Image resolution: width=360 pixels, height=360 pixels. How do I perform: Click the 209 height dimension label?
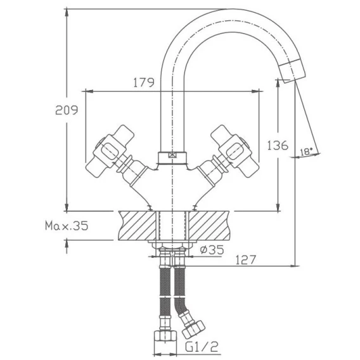click(x=67, y=110)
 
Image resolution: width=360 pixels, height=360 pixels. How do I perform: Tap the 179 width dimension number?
click(x=144, y=82)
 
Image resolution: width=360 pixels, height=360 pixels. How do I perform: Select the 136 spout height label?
click(x=278, y=145)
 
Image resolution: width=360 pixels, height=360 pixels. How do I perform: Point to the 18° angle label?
click(x=306, y=152)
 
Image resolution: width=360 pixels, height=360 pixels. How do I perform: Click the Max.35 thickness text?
click(x=67, y=226)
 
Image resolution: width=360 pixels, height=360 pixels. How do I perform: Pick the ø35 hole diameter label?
click(x=212, y=250)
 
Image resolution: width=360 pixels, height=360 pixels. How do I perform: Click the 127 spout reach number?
click(x=245, y=260)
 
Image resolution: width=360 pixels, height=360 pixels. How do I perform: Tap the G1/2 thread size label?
click(x=202, y=347)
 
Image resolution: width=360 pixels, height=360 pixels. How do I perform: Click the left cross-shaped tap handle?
click(x=110, y=151)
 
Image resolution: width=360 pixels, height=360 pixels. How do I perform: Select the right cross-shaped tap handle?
click(x=235, y=151)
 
